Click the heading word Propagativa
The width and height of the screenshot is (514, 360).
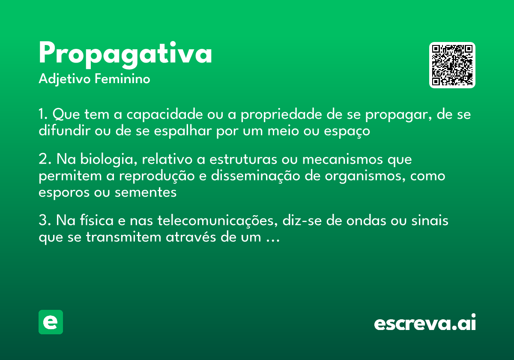click(125, 54)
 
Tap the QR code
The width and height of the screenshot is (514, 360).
click(452, 65)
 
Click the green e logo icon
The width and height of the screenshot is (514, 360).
click(51, 322)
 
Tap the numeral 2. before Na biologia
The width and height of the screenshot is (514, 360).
click(44, 159)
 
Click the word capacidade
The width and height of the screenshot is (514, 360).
click(164, 115)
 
